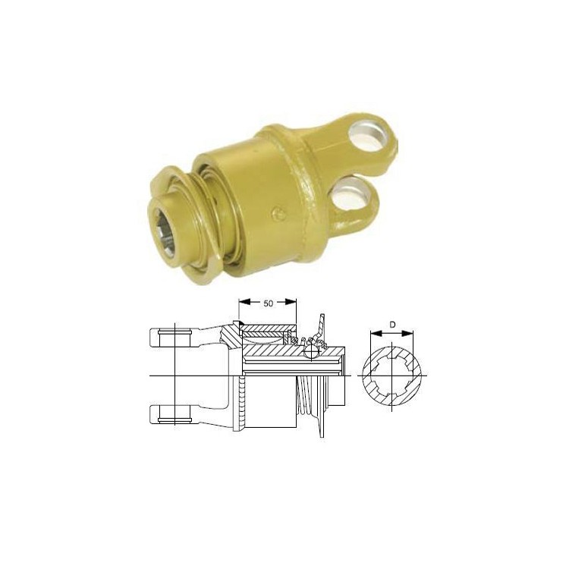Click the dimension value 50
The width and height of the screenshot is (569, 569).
tap(268, 303)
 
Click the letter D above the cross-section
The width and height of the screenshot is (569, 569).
tap(392, 325)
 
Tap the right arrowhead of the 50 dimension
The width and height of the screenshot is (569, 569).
tap(291, 302)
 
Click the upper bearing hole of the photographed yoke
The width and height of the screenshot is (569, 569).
tap(369, 136)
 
